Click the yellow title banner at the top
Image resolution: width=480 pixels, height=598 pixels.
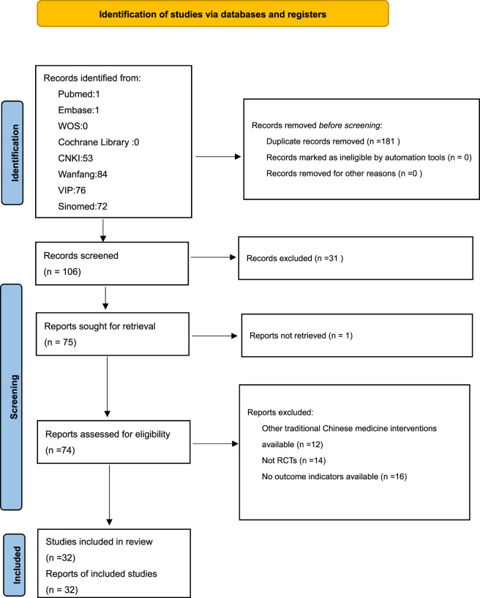coord(213,14)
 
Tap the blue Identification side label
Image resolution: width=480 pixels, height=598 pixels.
coord(12,153)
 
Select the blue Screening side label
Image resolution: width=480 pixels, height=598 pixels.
coord(12,396)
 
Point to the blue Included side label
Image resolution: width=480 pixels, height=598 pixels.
coord(15,565)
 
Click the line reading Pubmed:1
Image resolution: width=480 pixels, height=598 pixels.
coord(79,95)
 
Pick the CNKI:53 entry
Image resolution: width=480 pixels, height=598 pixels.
coord(75,158)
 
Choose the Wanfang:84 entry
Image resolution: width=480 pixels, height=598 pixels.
coord(83,174)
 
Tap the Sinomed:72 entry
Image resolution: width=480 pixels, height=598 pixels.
coord(83,207)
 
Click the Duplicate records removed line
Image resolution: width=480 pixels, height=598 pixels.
coord(333,141)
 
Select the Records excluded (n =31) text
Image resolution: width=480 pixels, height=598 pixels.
coord(295,258)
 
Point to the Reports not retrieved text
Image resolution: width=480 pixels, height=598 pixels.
coord(301,336)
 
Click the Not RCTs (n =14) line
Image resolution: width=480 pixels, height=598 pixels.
coord(294,461)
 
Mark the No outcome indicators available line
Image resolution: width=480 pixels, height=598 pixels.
coord(334,477)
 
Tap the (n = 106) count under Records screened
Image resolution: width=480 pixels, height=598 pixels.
coord(62,272)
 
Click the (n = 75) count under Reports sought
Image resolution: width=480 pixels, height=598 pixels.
coord(61,342)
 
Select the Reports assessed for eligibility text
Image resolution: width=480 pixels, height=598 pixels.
coord(108,434)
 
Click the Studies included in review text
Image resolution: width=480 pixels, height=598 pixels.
coord(99,542)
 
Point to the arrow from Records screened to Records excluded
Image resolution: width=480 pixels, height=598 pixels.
coord(213,257)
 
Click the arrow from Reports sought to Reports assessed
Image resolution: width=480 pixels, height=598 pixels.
coord(108,387)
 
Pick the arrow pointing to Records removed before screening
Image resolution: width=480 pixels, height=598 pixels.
coord(218,156)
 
